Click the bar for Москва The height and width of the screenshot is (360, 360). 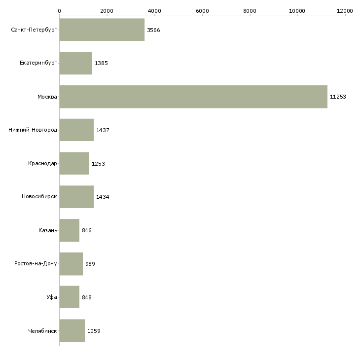pos(193,97)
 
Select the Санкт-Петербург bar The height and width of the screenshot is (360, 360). pos(102,30)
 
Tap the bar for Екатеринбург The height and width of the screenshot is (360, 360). pos(76,63)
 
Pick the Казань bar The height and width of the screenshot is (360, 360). pos(70,230)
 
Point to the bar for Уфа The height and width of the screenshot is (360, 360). pos(70,297)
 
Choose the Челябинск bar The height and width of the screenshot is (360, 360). pos(72,331)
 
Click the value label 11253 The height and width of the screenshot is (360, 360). pos(338,97)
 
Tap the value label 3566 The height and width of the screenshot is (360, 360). pos(153,30)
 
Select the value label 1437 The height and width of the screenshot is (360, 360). pos(103,130)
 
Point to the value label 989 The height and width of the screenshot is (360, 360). pos(90,264)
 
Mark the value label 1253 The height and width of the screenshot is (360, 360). pos(98,164)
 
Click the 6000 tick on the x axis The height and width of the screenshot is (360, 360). pos(202,10)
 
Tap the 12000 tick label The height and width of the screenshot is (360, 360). pos(345,10)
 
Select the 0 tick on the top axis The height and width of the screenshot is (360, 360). pos(59,10)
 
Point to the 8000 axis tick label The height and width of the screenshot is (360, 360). pos(250,10)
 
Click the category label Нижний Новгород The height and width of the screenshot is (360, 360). pos(33,130)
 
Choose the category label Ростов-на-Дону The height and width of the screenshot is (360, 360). pos(36,264)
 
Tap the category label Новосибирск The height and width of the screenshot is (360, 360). pos(39,197)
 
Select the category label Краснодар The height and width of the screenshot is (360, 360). pos(42,164)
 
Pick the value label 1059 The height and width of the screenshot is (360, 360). pos(94,331)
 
